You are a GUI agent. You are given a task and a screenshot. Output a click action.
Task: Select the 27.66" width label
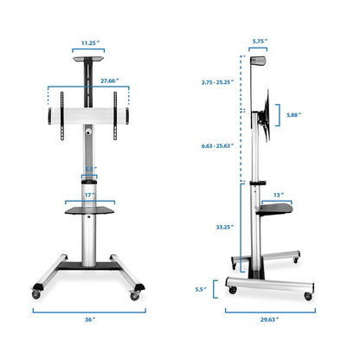tap(89, 79)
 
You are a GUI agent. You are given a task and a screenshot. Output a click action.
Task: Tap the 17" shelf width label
tap(89, 194)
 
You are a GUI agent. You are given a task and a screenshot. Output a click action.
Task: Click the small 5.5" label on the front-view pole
tap(91, 170)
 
